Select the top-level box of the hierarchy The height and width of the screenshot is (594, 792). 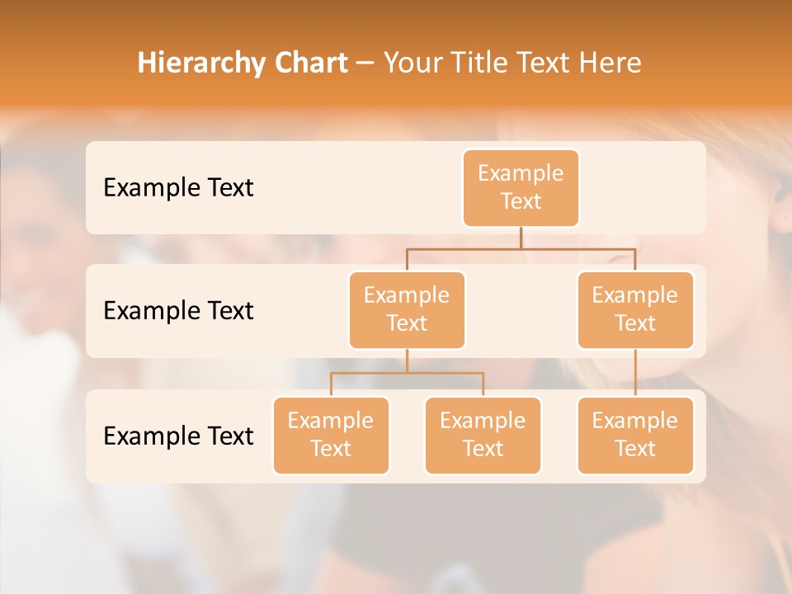click(521, 187)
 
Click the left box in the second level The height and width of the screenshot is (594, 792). click(407, 309)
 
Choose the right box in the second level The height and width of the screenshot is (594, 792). click(635, 309)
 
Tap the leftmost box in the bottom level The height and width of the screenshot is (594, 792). click(331, 435)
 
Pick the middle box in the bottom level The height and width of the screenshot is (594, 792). click(483, 435)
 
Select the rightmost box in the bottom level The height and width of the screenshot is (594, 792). click(635, 435)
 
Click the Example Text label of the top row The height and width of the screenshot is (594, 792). click(178, 187)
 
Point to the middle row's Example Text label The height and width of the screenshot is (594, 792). click(178, 310)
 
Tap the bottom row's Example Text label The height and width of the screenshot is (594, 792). click(178, 436)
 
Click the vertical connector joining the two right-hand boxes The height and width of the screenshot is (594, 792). click(635, 373)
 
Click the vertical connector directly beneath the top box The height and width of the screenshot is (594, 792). click(521, 238)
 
